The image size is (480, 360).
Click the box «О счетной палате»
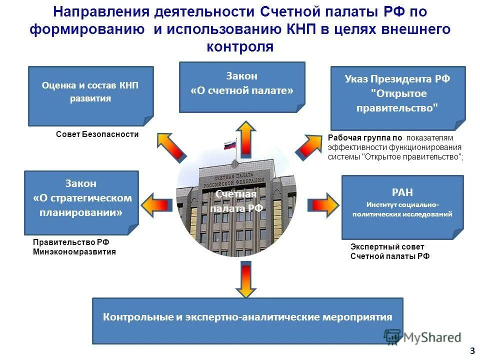(x=242, y=86)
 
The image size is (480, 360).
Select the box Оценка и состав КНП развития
(x=90, y=95)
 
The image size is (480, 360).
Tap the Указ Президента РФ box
(x=397, y=97)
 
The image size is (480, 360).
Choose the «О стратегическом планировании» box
(x=81, y=202)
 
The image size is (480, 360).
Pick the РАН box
(x=402, y=206)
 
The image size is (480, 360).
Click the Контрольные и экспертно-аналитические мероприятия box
(x=247, y=320)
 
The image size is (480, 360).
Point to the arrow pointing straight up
(x=245, y=139)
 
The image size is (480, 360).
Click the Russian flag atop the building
(x=230, y=146)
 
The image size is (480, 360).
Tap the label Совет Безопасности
(x=97, y=134)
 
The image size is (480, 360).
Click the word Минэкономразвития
(x=74, y=252)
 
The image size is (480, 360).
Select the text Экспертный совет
(x=387, y=247)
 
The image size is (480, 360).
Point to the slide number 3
(x=472, y=350)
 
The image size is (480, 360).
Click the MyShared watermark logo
(x=422, y=337)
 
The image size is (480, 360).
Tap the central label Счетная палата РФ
(x=236, y=201)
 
